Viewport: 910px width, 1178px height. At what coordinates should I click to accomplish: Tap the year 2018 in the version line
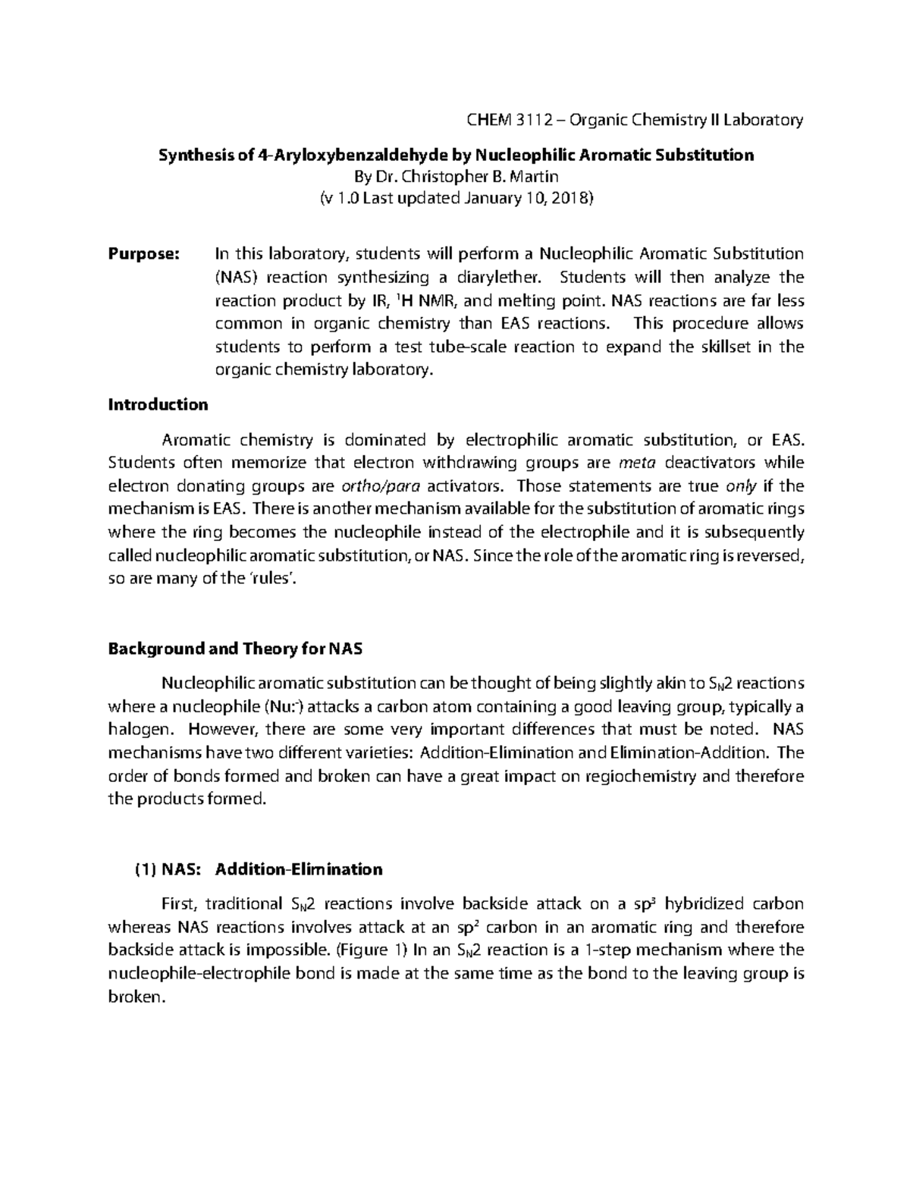tap(573, 199)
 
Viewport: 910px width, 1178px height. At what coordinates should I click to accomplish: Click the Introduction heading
tap(158, 404)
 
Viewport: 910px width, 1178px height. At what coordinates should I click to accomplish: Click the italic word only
tap(741, 486)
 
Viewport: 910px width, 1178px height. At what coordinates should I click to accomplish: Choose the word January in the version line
tap(491, 199)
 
